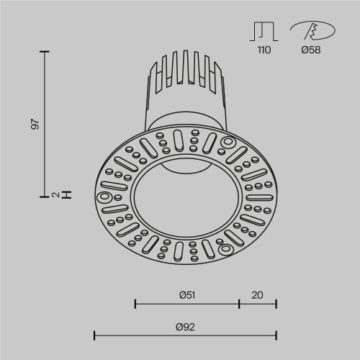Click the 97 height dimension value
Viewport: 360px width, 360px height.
(x=34, y=123)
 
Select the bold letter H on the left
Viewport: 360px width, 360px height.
(x=67, y=194)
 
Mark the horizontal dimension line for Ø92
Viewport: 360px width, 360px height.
(x=185, y=335)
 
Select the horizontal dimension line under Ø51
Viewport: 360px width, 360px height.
(x=187, y=303)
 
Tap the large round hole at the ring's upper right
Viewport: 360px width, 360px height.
(x=229, y=142)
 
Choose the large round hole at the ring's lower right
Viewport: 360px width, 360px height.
(x=225, y=250)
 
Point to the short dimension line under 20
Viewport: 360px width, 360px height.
(x=258, y=303)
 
